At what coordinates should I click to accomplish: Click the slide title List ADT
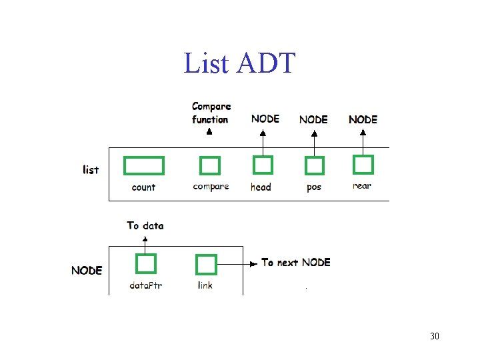point(239,63)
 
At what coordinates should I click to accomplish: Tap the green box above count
point(144,165)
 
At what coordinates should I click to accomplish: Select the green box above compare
point(210,165)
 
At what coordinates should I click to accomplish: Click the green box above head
point(263,165)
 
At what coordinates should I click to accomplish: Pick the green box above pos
point(314,165)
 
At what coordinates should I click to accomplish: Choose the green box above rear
point(363,164)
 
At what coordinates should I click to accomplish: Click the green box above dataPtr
point(145,264)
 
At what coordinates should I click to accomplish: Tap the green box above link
point(205,265)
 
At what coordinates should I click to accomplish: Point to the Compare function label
point(211,113)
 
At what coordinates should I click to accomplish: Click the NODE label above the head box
point(265,119)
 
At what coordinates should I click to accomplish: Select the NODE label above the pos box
point(313,119)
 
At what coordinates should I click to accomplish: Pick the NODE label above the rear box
point(363,119)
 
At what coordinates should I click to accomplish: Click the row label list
point(91,169)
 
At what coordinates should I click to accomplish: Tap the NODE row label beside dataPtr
point(87,270)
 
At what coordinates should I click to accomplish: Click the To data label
point(145,225)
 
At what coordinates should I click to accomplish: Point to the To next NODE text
point(296,263)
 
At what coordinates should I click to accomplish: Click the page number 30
point(435,336)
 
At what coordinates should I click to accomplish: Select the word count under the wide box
point(143,187)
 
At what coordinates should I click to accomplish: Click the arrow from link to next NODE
point(237,264)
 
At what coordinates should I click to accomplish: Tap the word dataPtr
point(146,285)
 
